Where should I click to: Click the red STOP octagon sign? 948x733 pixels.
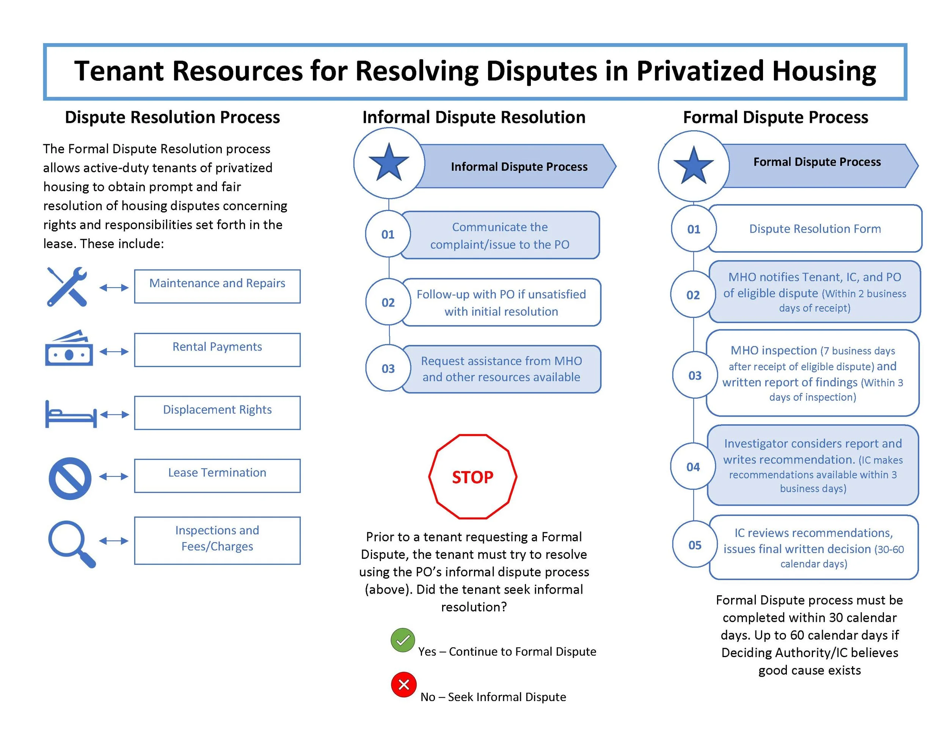click(473, 477)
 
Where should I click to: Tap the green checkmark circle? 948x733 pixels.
click(403, 640)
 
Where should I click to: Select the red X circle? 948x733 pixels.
click(404, 685)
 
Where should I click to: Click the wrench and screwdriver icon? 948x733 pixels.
click(67, 286)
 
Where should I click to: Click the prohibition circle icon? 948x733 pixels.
click(70, 478)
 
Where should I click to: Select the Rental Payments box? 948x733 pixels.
click(217, 350)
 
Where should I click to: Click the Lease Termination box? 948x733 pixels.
click(217, 476)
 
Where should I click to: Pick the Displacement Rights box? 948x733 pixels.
click(217, 413)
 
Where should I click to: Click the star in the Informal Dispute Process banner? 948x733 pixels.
click(389, 163)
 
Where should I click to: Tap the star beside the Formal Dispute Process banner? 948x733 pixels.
click(694, 165)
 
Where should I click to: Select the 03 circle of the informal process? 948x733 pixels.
click(388, 369)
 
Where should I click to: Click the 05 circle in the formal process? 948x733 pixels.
click(695, 545)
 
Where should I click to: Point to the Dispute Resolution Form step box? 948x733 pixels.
click(815, 229)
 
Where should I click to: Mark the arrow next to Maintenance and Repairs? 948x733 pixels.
click(114, 288)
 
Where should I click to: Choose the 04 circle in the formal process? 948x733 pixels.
click(693, 467)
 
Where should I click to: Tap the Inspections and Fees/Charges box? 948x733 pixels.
click(217, 541)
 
